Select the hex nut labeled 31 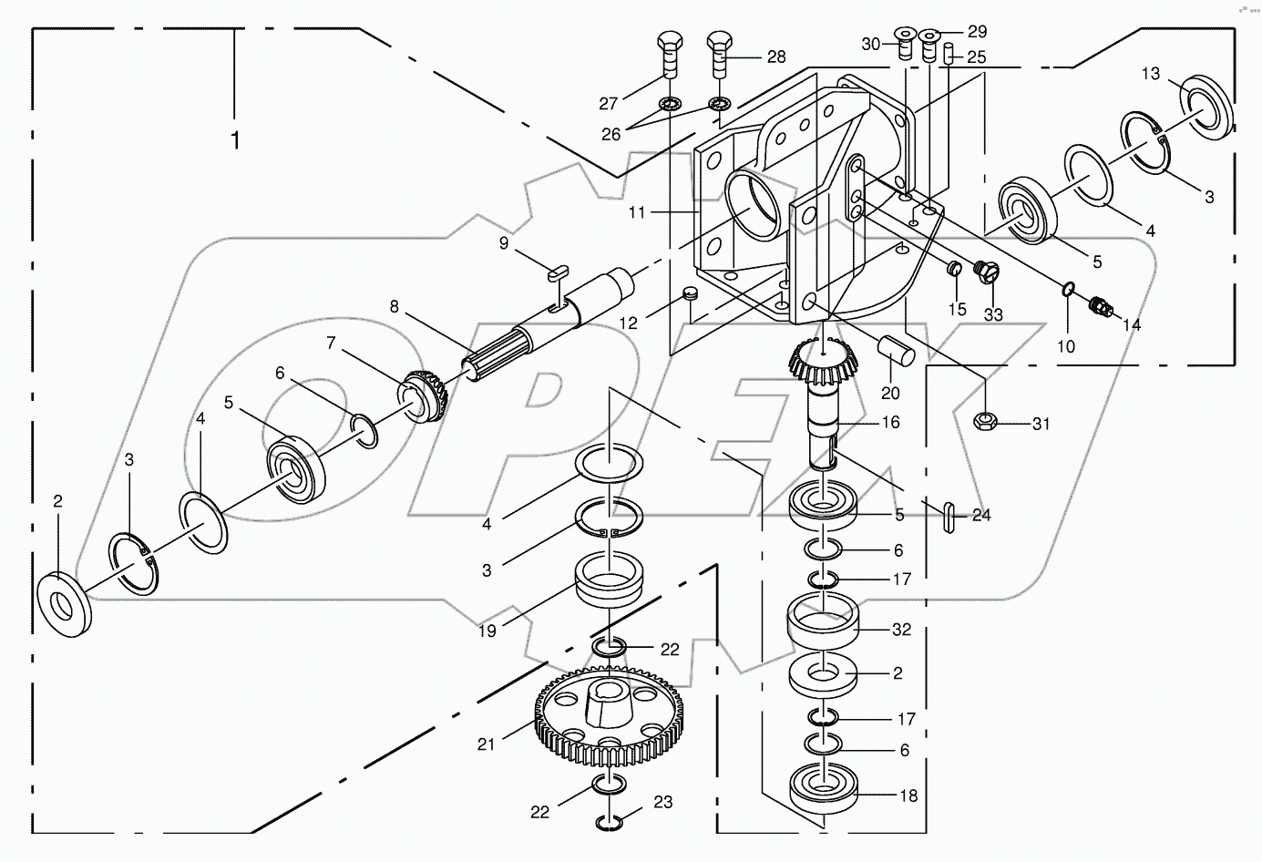point(985,422)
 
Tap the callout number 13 point(1151,74)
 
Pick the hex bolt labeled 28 point(720,56)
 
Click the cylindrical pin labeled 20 point(895,351)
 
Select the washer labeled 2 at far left point(65,603)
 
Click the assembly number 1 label point(235,140)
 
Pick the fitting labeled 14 point(1101,308)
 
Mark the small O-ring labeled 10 point(1069,291)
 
